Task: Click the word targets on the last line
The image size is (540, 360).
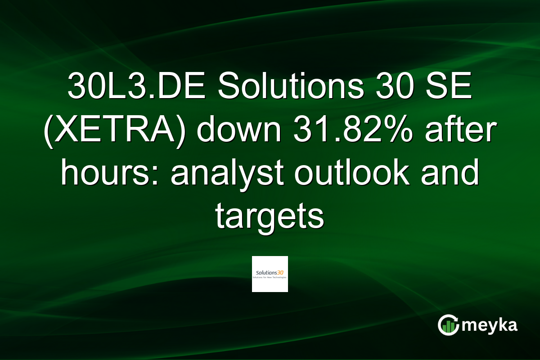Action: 270,217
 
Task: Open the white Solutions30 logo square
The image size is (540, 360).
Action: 270,274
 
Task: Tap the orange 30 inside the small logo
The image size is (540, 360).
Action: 282,272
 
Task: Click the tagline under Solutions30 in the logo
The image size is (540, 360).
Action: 270,278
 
